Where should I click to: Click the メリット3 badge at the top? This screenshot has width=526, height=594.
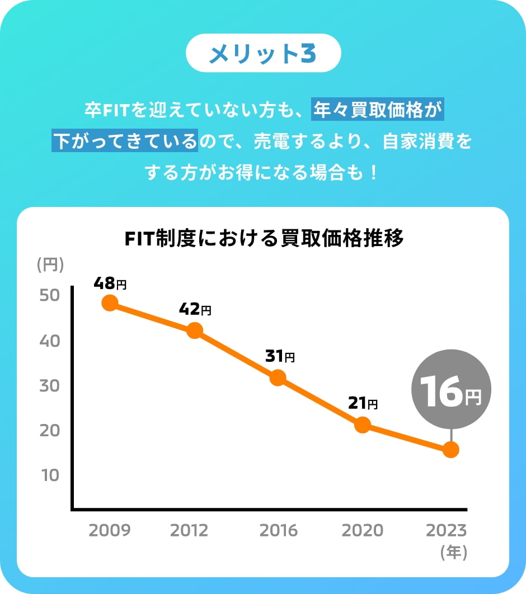point(263,53)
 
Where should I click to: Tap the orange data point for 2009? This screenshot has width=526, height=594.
point(110,303)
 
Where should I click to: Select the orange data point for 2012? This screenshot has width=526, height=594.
point(195,331)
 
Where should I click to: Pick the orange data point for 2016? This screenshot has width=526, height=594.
point(278,378)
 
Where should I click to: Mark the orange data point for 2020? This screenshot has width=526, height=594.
point(363,425)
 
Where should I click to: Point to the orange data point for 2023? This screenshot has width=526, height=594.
point(450,450)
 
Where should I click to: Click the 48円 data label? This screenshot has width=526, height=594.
point(110,284)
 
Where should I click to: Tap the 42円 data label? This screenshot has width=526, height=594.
point(195,309)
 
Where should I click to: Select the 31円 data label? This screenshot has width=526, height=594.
point(279,356)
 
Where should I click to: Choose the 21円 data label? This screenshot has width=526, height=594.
point(363,403)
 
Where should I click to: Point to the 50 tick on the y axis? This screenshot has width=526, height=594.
point(50,295)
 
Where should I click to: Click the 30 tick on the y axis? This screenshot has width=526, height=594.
point(50,385)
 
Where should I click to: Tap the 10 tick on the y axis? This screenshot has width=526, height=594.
point(50,475)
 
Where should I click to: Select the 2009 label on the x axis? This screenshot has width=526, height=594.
point(110,530)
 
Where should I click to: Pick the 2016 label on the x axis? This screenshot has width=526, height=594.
point(278,530)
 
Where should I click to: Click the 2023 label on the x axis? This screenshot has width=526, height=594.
point(446,530)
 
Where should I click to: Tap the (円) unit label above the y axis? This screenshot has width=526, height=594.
point(50,265)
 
